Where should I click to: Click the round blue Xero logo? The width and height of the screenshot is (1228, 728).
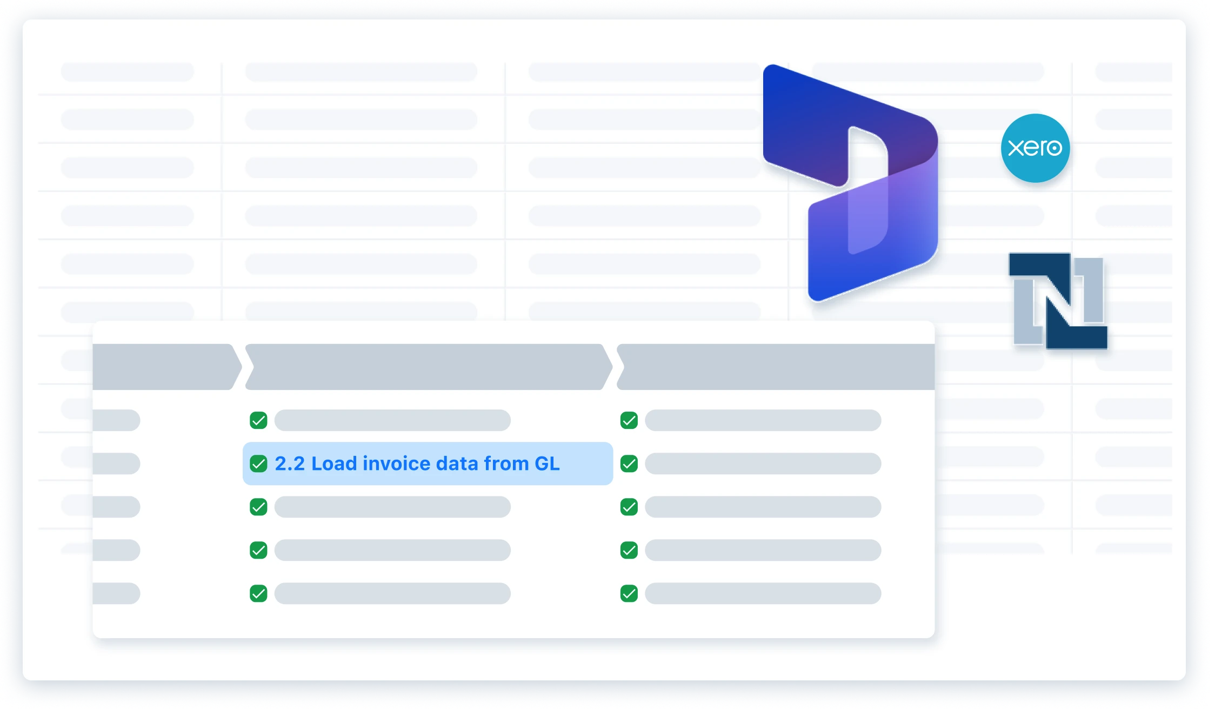click(x=1035, y=148)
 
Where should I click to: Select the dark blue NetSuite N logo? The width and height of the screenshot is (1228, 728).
click(x=1058, y=301)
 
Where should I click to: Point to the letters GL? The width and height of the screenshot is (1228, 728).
click(x=547, y=464)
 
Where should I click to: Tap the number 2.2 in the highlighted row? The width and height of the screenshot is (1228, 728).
click(x=290, y=464)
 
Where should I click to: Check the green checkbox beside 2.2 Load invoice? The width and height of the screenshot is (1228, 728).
click(x=258, y=464)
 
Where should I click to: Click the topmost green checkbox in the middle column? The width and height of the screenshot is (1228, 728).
click(x=258, y=420)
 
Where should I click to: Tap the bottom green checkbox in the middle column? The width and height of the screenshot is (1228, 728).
click(x=258, y=593)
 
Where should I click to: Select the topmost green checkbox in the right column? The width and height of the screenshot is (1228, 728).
click(x=629, y=420)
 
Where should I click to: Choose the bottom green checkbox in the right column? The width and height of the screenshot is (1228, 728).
click(x=629, y=593)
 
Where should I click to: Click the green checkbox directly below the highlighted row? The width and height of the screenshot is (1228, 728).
click(x=258, y=507)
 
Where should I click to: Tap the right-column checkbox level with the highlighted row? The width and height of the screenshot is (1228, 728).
click(x=629, y=464)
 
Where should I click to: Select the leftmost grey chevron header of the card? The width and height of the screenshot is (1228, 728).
click(x=165, y=367)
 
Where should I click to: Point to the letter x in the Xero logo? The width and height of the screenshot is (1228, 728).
click(x=1016, y=148)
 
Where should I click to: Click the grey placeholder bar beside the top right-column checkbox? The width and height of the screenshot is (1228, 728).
click(x=763, y=420)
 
